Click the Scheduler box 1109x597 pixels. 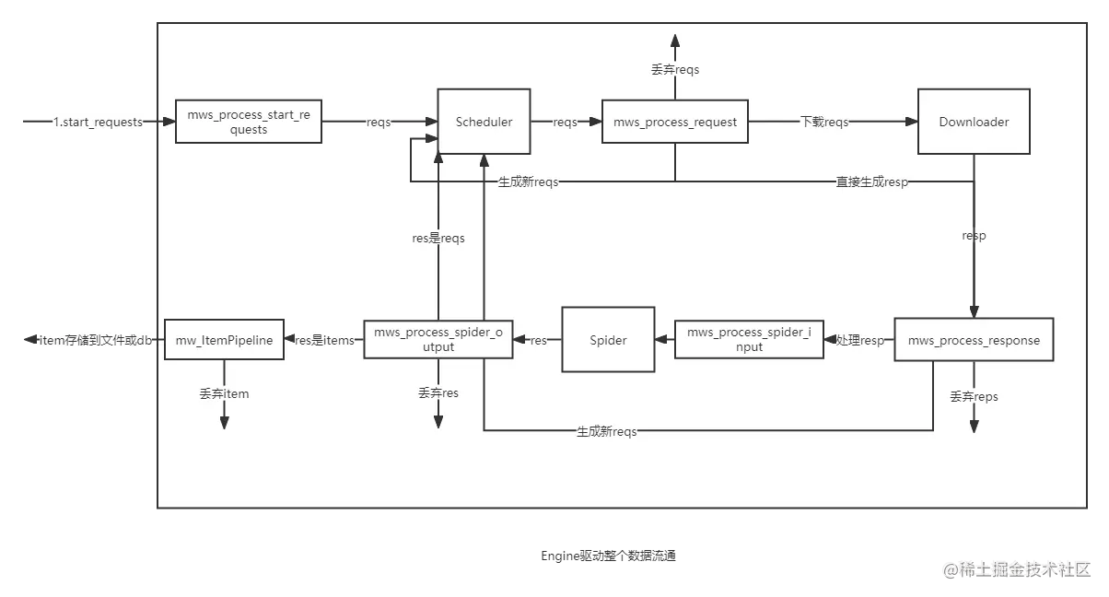[484, 122]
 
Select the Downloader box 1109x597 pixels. [974, 122]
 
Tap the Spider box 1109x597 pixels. [608, 340]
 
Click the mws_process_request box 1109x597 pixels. [675, 122]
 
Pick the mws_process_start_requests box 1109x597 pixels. [249, 122]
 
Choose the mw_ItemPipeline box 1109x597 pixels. [224, 340]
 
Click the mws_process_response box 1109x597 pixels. [974, 340]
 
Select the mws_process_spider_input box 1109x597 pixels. [749, 340]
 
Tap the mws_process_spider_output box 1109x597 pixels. [438, 340]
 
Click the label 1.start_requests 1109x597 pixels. [98, 122]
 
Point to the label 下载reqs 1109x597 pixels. [824, 122]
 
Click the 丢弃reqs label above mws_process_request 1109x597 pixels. [675, 69]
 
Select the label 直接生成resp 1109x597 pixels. [872, 181]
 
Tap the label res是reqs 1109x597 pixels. [438, 238]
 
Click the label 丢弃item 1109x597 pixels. [224, 393]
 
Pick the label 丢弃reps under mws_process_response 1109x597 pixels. [974, 396]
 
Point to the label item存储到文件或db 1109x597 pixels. [96, 340]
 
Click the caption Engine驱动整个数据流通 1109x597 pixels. [608, 556]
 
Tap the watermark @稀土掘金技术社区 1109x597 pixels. [1017, 569]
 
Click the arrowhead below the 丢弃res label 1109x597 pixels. [438, 422]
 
